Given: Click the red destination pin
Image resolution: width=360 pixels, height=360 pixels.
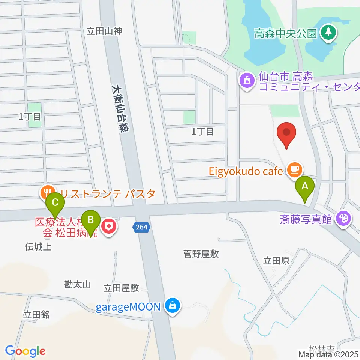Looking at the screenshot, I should pyautogui.click(x=287, y=134).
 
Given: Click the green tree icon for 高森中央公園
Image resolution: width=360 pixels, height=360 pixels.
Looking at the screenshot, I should pyautogui.click(x=328, y=33).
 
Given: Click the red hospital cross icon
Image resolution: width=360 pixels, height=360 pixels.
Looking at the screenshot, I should pyautogui.click(x=109, y=226).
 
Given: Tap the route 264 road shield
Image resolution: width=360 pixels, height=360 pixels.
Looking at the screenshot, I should pyautogui.click(x=141, y=226).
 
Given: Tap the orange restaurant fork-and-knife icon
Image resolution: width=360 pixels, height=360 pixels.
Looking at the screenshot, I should pyautogui.click(x=47, y=193).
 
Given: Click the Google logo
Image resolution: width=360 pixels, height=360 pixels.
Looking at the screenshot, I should pyautogui.click(x=25, y=351).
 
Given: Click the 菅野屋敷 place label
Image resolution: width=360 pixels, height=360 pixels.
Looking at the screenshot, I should pyautogui.click(x=201, y=254).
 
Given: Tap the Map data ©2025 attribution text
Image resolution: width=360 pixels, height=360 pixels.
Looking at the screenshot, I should pyautogui.click(x=328, y=354).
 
